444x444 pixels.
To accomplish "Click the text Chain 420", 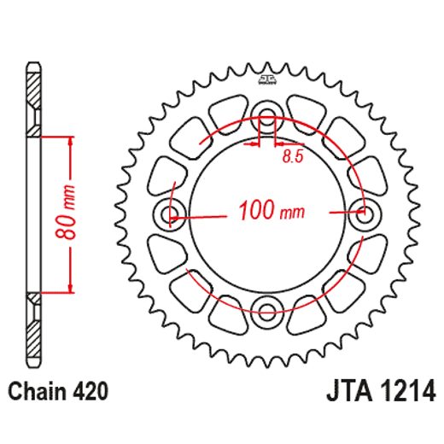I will click(59, 392).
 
